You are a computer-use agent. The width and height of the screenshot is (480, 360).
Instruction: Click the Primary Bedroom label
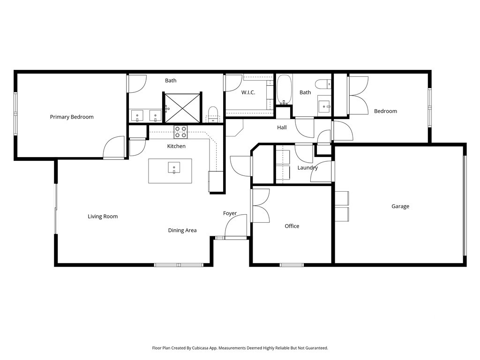pos(72,117)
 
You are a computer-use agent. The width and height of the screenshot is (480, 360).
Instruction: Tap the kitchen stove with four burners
pos(180,132)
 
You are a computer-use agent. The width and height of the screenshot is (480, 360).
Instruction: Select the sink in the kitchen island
pos(174,168)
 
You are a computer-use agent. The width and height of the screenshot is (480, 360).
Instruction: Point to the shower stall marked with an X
pos(182,108)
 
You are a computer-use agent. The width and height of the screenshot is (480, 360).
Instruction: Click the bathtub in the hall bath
pos(284,90)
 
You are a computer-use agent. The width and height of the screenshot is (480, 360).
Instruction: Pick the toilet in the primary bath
pos(212,114)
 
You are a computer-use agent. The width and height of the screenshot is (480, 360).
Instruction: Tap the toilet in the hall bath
pos(323,84)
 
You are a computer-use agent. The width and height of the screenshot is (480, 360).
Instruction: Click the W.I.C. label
pos(248,92)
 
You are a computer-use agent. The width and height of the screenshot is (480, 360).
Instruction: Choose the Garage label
pos(400,206)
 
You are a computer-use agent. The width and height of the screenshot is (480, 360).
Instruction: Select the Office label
pos(292,226)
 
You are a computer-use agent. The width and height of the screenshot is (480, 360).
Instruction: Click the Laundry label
pos(307,168)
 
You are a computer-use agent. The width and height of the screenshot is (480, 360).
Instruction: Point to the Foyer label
pos(230,213)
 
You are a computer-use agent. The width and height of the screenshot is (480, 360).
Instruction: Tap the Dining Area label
pos(182,230)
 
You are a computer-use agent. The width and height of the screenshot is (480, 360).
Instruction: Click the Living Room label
pos(103,217)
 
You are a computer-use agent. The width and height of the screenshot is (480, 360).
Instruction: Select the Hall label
pos(282,127)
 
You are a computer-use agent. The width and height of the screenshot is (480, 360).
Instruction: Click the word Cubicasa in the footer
pos(201,348)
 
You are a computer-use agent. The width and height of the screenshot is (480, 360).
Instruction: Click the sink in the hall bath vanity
pos(324,106)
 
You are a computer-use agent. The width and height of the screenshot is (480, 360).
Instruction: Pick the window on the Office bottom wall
pos(292,265)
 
